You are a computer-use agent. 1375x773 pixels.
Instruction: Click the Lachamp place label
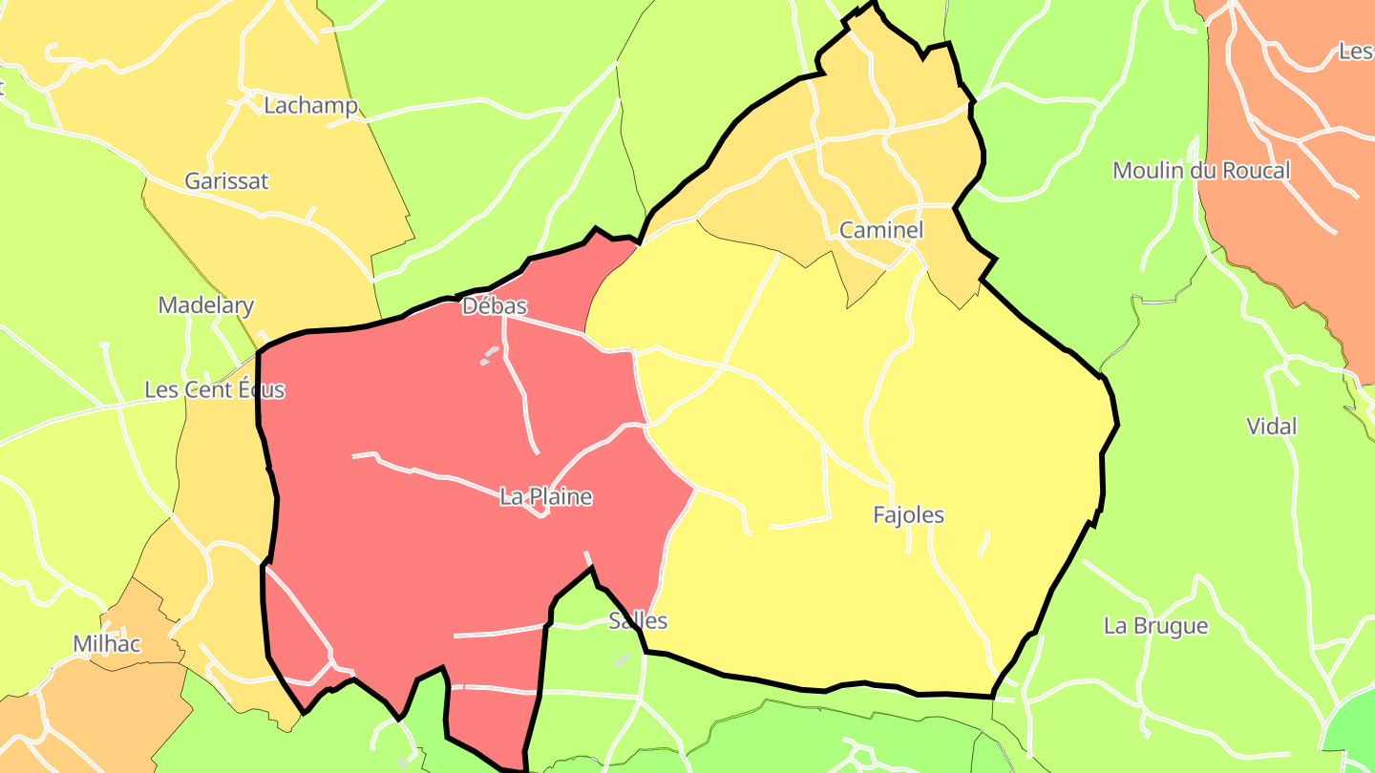310,106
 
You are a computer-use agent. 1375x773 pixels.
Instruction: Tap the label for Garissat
226,181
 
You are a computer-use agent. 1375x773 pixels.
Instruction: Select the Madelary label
205,305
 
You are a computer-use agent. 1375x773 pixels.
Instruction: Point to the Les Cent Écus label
214,389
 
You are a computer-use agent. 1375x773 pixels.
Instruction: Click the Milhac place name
107,644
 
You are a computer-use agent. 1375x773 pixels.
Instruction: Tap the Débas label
494,306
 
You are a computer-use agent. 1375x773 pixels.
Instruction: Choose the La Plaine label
545,497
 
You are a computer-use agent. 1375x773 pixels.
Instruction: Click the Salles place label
638,621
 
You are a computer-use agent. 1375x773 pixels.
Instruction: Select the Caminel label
880,230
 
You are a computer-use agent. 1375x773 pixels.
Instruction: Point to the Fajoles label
908,515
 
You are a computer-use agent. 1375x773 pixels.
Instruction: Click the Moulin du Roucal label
1201,171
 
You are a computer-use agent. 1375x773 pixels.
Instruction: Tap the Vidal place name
1272,427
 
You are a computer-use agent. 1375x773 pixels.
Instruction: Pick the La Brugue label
1155,626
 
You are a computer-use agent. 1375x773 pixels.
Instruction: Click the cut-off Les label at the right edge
1355,52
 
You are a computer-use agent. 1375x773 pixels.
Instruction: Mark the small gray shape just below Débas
489,356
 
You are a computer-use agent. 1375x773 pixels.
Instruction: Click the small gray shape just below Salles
623,659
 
